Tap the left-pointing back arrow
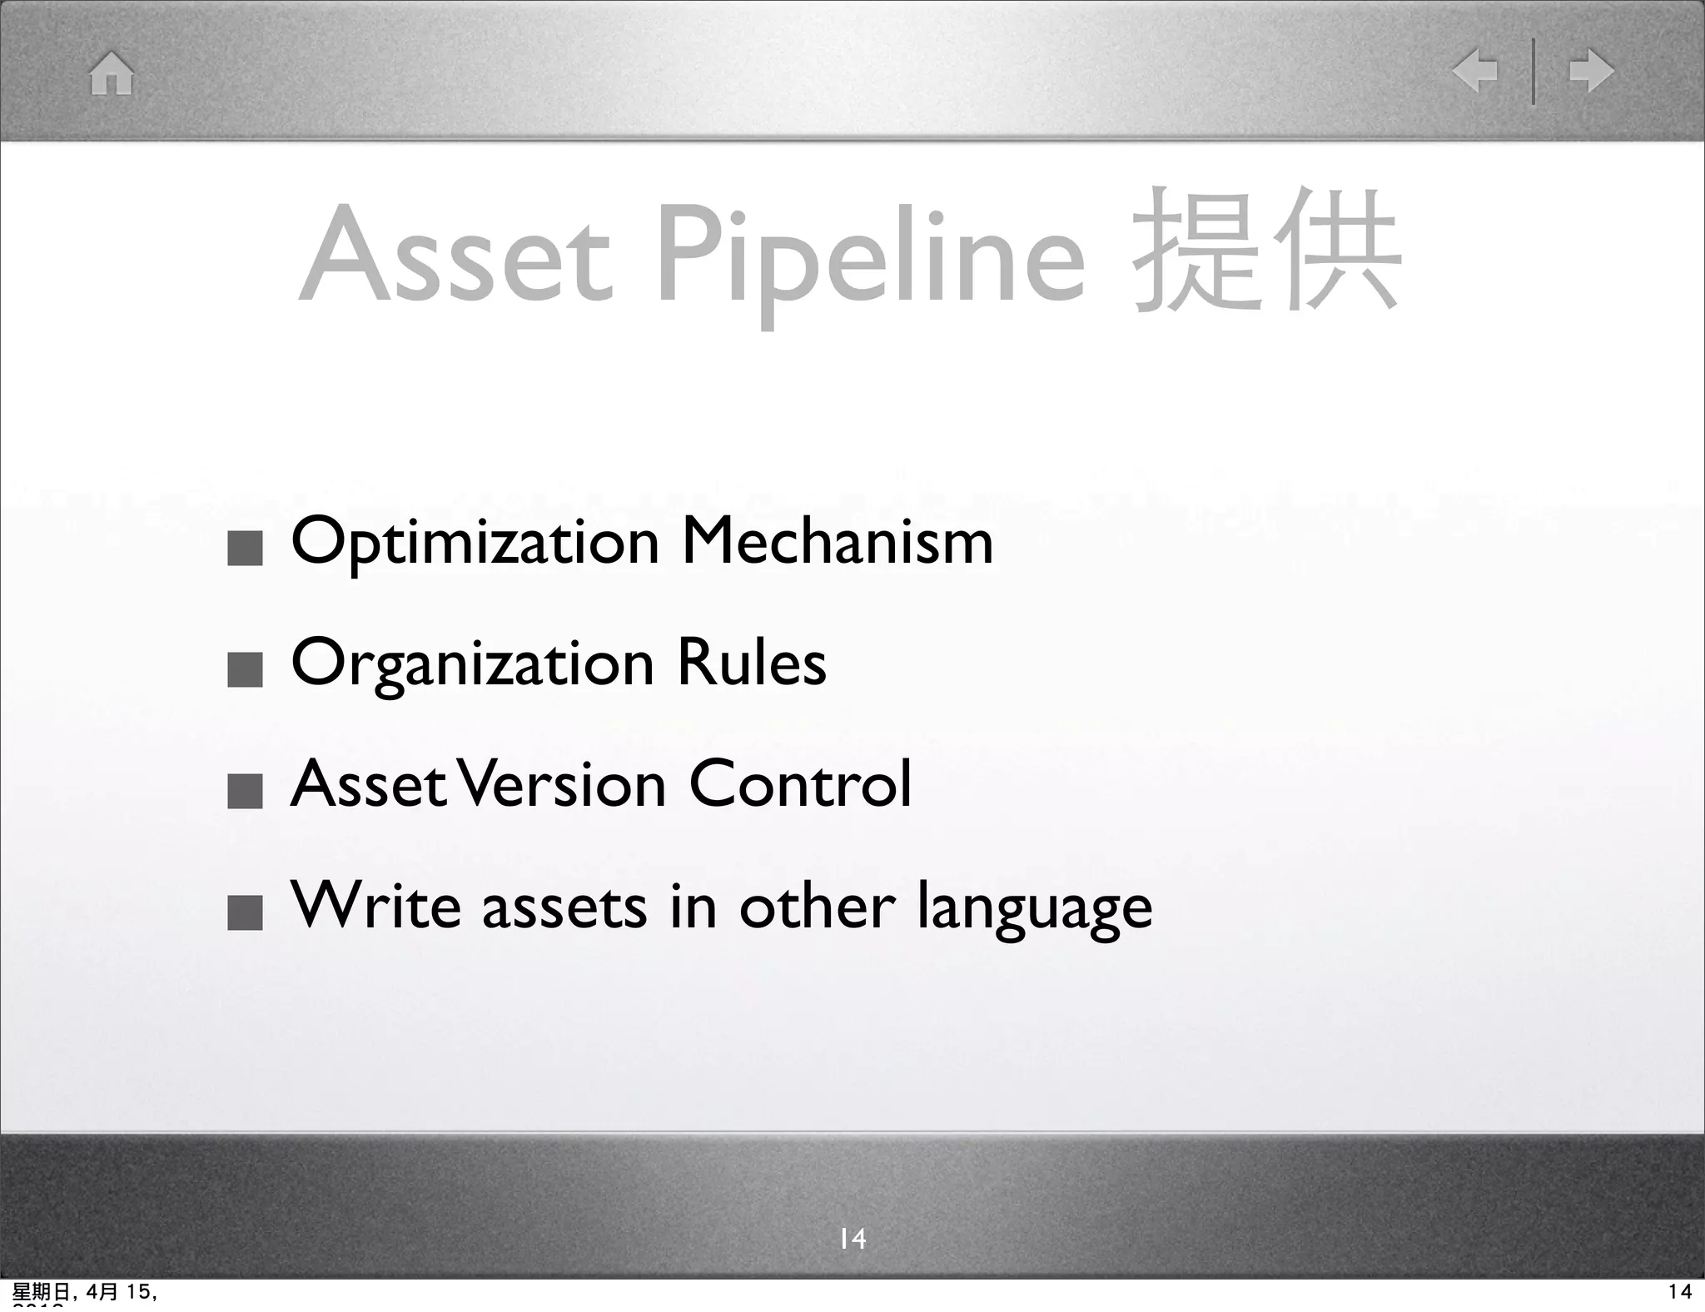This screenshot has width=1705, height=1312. [x=1474, y=71]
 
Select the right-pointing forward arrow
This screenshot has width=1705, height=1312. [x=1591, y=71]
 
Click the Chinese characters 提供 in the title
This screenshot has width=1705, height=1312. [x=1265, y=250]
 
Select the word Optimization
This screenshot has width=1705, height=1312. [x=475, y=543]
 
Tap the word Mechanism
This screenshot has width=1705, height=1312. [x=838, y=541]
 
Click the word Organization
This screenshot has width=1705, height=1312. [x=472, y=664]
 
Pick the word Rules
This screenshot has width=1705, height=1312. [x=751, y=663]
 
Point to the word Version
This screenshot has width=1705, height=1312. [x=564, y=784]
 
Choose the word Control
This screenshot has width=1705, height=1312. [x=800, y=784]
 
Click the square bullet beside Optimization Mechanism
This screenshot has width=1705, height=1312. [x=245, y=549]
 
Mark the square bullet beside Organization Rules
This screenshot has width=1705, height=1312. [x=245, y=670]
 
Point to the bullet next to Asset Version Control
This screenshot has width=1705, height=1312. [x=245, y=792]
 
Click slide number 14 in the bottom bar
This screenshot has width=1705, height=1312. [x=852, y=1239]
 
